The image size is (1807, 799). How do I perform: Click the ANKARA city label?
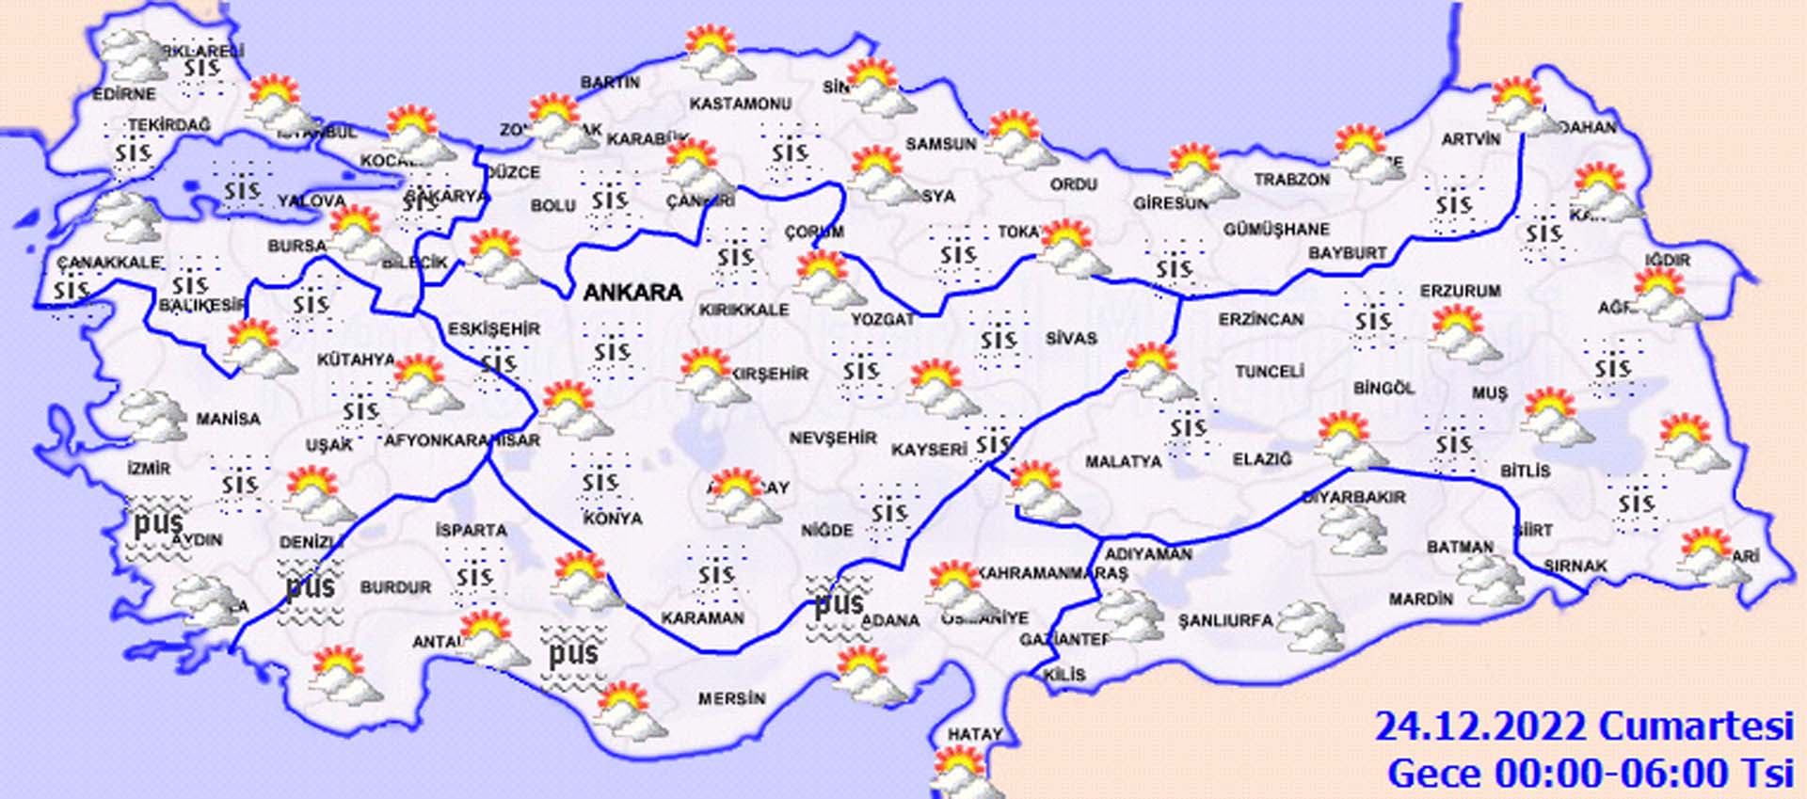pyautogui.click(x=632, y=293)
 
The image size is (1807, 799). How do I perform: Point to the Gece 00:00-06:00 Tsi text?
pyautogui.click(x=1590, y=774)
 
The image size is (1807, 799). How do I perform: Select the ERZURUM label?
pyautogui.click(x=1460, y=292)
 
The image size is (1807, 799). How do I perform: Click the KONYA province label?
pyautogui.click(x=612, y=519)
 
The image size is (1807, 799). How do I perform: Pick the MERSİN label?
pyautogui.click(x=731, y=699)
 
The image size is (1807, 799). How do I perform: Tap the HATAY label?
pyautogui.click(x=974, y=734)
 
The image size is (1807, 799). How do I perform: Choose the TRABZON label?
pyautogui.click(x=1291, y=180)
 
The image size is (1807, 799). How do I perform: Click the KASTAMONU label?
pyautogui.click(x=741, y=104)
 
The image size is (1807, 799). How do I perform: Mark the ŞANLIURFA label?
pyautogui.click(x=1225, y=621)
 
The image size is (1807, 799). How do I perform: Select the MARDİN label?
pyautogui.click(x=1420, y=599)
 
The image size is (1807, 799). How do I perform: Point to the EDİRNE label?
pyautogui.click(x=124, y=94)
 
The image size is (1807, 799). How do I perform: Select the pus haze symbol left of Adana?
pyautogui.click(x=837, y=604)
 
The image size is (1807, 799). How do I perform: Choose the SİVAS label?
pyautogui.click(x=1070, y=338)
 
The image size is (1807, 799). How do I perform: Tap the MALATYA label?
pyautogui.click(x=1123, y=462)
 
